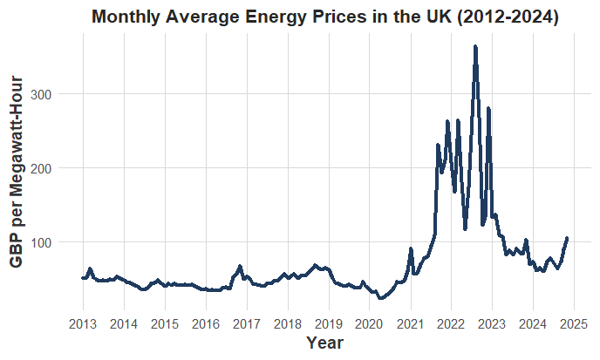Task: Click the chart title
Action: coord(324,17)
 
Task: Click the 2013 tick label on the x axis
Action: coord(83,324)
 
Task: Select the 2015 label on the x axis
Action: coord(165,324)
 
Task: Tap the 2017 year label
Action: coord(247,324)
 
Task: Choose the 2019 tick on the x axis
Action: coord(329,324)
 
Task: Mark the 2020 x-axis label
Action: coord(369,324)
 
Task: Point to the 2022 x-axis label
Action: coord(451,324)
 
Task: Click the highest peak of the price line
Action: coord(475,46)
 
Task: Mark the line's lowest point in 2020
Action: coord(379,299)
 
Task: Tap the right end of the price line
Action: coord(567,238)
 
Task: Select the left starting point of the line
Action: coord(83,278)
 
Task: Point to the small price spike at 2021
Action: coord(411,249)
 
